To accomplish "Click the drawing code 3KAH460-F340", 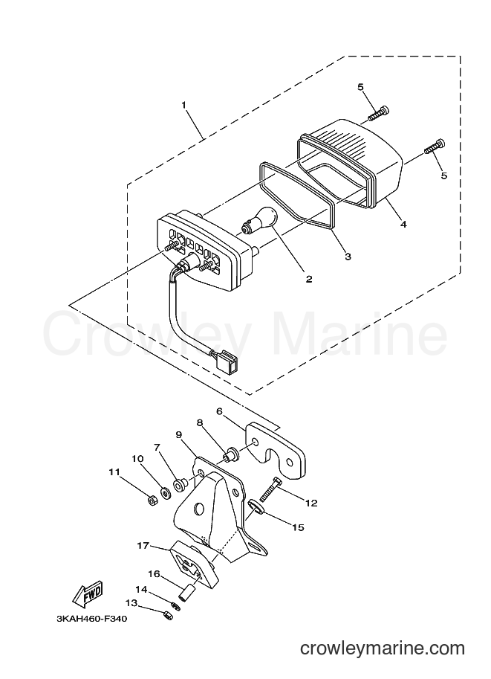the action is pyautogui.click(x=91, y=619).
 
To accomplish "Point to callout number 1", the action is pyautogui.click(x=184, y=105).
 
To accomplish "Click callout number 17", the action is pyautogui.click(x=143, y=546).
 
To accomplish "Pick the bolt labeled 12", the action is pyautogui.click(x=269, y=489).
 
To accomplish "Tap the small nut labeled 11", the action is pyautogui.click(x=152, y=501).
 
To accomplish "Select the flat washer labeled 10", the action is pyautogui.click(x=165, y=492).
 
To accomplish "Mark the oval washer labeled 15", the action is pyautogui.click(x=256, y=506).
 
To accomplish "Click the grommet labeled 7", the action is pyautogui.click(x=180, y=484).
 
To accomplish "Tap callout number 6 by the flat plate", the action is pyautogui.click(x=219, y=411).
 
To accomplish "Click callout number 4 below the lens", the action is pyautogui.click(x=403, y=225).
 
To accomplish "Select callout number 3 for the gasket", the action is pyautogui.click(x=348, y=257).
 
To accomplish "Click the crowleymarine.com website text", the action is pyautogui.click(x=383, y=649).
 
